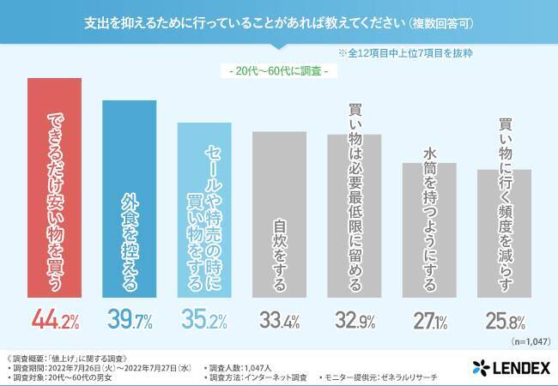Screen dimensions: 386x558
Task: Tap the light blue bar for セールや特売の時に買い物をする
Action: point(204,211)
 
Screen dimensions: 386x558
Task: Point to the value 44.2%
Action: point(55,322)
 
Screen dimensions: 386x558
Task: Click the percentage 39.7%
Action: point(130,322)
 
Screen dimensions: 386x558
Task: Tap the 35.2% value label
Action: point(204,322)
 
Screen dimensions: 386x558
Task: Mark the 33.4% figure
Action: point(279,322)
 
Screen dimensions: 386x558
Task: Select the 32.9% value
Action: point(354,322)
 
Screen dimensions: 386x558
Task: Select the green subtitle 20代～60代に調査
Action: point(279,71)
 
